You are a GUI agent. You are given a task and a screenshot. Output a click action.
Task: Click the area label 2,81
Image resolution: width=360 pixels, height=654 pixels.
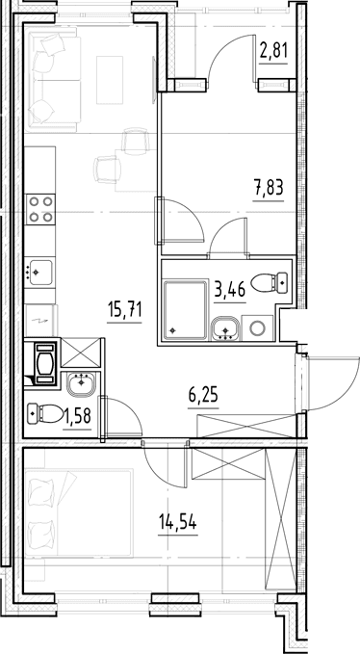[273, 52]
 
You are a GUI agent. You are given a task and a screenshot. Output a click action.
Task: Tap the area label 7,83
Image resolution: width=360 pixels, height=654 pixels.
[269, 188]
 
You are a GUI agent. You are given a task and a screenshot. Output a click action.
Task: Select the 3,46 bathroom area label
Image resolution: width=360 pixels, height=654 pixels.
[230, 288]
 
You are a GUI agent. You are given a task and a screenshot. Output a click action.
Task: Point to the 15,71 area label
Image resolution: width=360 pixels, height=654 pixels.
[124, 311]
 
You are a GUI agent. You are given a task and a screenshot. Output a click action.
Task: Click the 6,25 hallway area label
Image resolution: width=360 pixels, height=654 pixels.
[203, 395]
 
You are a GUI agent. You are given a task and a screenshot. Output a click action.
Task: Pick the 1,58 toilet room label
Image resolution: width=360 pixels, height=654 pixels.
[77, 415]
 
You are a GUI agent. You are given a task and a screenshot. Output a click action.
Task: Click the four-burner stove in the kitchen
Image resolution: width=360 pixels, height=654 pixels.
[40, 209]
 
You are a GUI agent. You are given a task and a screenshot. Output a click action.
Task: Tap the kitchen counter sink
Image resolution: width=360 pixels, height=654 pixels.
[39, 273]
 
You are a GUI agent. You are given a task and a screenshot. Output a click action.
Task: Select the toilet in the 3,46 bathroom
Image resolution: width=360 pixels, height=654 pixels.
[270, 283]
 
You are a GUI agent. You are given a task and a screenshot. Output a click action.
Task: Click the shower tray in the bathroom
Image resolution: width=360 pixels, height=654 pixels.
[186, 310]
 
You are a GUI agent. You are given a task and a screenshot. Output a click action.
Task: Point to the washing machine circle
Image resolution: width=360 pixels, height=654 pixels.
[257, 328]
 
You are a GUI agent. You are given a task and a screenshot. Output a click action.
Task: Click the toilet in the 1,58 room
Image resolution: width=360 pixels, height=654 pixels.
[44, 414]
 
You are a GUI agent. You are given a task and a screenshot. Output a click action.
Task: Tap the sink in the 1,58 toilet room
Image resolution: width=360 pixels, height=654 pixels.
[81, 384]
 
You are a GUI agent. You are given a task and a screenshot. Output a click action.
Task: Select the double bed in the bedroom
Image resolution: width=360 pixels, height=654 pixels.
[79, 513]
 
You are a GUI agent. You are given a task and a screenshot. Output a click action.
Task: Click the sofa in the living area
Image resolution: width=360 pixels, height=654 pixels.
[53, 79]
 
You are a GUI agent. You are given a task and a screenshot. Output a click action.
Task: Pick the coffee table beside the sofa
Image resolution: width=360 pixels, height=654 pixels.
[110, 80]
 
